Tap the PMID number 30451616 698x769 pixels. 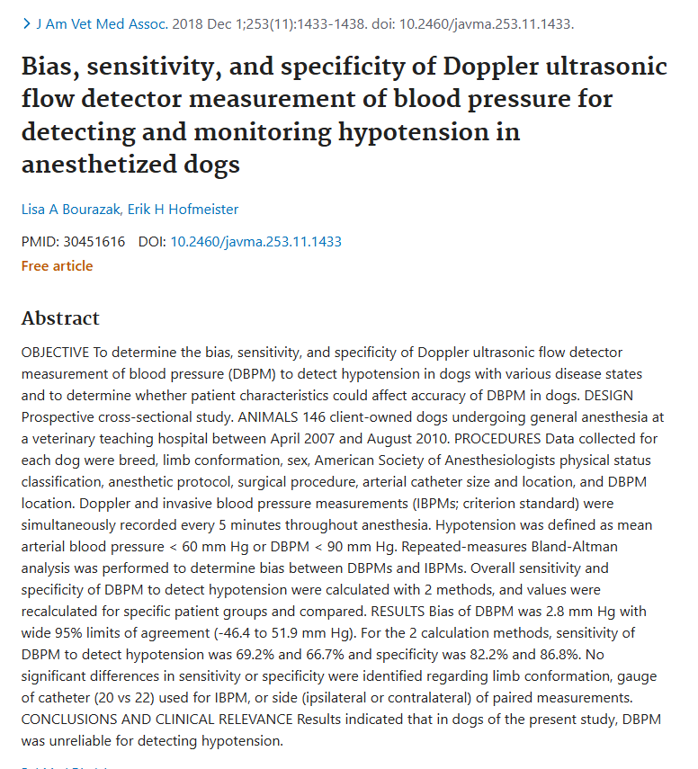coord(93,241)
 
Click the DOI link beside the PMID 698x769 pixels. coord(255,241)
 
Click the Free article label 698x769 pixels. coord(57,265)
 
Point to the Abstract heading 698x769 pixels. coord(60,318)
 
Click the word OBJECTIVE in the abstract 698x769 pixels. coord(55,352)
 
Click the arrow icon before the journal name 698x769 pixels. coord(26,22)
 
